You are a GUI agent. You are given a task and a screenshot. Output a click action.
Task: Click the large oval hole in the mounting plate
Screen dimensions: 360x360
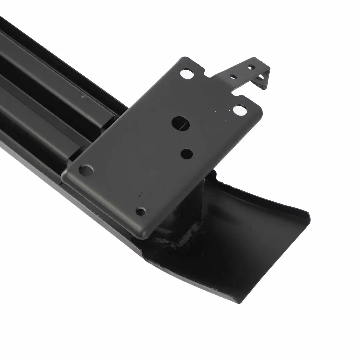tap(180, 124)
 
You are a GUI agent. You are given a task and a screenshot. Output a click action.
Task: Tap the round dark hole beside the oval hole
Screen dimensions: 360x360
tap(187, 154)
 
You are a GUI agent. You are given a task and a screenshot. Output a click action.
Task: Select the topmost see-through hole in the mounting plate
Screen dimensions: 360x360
tap(187, 73)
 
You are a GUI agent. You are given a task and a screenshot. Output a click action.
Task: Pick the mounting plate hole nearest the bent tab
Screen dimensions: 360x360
tap(240, 110)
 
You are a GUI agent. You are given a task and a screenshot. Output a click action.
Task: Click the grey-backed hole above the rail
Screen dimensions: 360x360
tap(86, 170)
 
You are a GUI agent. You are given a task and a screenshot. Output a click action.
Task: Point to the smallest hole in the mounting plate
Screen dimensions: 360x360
tap(141, 211)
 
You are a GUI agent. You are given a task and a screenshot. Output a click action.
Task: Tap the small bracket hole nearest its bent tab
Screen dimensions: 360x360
tap(251, 68)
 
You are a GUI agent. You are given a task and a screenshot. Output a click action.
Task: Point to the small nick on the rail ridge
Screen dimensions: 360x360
tap(83, 97)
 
